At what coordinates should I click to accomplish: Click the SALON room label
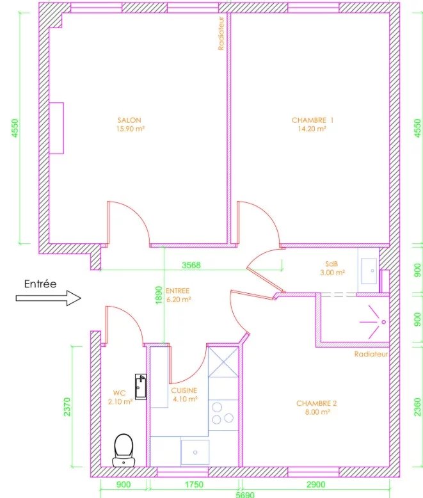pos(129,120)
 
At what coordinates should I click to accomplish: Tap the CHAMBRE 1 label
pos(312,120)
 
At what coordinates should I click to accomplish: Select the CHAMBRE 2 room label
pos(316,403)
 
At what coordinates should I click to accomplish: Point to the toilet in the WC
pos(124,450)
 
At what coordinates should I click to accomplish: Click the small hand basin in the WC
pos(141,387)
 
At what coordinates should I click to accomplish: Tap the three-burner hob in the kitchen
pos(223,415)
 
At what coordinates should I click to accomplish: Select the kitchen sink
pos(195,453)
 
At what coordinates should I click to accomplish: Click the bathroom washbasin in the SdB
pos(369,271)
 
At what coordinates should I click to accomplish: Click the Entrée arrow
pos(49,298)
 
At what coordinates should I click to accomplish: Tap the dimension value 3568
pos(191,265)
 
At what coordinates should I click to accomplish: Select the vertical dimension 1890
pos(159,295)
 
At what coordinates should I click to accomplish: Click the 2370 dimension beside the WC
pos(67,407)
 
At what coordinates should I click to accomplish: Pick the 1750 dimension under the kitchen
pos(194,485)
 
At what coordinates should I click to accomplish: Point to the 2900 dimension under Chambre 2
pos(316,485)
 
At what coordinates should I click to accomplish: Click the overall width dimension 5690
pos(245,495)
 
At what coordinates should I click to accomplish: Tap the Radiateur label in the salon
pos(221,33)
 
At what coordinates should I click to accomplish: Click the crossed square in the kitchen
pos(223,362)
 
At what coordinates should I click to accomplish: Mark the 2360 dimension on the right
pos(418,407)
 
